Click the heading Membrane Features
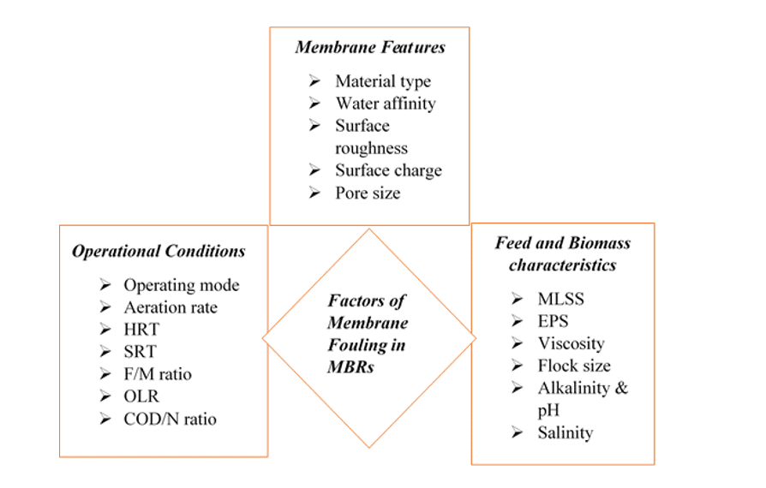click(370, 47)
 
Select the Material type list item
click(382, 81)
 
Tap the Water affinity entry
click(385, 104)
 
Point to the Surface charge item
click(388, 170)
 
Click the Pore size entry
click(367, 193)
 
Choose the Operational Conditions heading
click(159, 252)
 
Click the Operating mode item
click(181, 285)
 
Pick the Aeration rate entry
click(170, 307)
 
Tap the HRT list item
click(141, 330)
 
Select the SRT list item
click(140, 352)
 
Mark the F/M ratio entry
click(157, 374)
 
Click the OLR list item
click(141, 396)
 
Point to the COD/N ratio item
click(170, 419)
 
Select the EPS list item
click(554, 321)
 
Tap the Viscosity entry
click(571, 343)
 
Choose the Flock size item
click(574, 366)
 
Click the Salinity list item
click(565, 432)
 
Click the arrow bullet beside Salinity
click(518, 432)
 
